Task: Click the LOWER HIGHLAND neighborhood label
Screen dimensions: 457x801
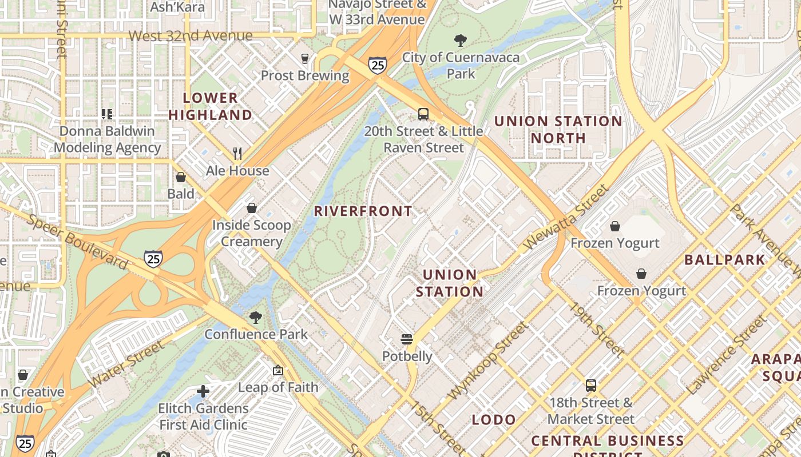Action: coord(210,106)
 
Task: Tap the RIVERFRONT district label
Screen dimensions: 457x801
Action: coord(363,211)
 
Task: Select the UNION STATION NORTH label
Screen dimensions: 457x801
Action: coord(558,130)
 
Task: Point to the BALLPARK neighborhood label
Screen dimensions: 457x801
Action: coord(725,260)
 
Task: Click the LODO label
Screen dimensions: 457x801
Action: coord(494,420)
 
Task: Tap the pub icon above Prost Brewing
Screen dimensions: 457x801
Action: coord(305,58)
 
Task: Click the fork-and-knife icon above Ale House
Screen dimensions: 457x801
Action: coord(237,153)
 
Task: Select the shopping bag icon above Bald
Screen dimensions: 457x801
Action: coord(181,177)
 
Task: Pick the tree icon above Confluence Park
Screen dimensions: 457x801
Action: coord(256,317)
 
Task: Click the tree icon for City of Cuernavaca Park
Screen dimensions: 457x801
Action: coord(460,40)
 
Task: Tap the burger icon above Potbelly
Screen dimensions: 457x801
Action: coord(407,339)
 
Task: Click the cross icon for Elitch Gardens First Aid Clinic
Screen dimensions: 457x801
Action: coord(203,391)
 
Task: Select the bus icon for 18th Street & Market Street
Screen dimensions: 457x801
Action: coord(590,386)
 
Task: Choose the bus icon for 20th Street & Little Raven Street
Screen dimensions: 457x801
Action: coord(423,114)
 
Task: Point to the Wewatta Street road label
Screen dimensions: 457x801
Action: coord(565,217)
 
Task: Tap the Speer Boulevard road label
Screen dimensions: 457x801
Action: coord(77,242)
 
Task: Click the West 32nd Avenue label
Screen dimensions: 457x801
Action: coord(190,36)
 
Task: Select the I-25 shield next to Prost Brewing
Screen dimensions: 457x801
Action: coord(377,65)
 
